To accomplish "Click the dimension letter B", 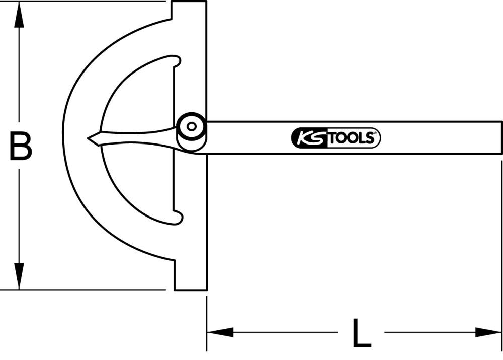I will (x=20, y=146).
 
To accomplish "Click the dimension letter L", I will (x=361, y=333).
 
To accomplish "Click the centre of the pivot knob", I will (x=191, y=127).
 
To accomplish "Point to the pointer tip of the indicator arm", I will (x=89, y=138).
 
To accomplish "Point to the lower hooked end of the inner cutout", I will (x=176, y=218).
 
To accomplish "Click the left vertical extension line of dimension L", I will (x=207, y=322).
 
